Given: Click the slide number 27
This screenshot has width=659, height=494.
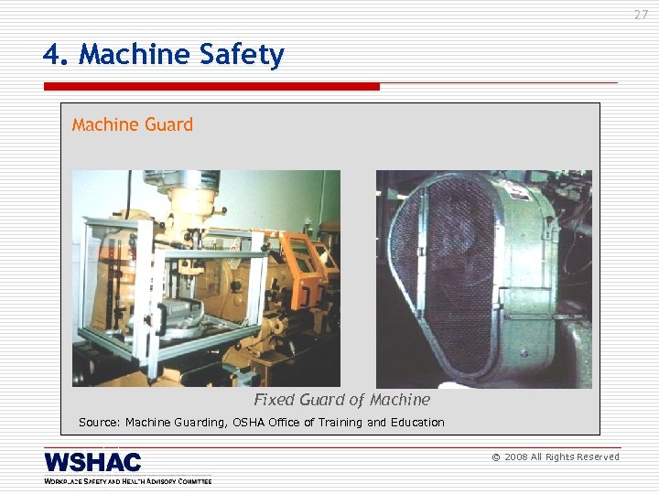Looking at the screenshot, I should click(x=641, y=15).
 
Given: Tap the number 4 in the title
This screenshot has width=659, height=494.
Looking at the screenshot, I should click(x=52, y=56).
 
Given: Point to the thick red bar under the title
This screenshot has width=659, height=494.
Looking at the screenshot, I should click(x=211, y=87).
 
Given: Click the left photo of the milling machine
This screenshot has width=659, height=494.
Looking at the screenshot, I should click(x=206, y=278).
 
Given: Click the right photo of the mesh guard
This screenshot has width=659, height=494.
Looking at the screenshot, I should click(x=483, y=278).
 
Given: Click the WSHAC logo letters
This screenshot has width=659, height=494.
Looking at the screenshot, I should click(x=92, y=463).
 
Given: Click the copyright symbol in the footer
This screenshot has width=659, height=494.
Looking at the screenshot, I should click(x=496, y=457).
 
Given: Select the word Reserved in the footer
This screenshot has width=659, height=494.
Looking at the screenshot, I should click(x=596, y=457).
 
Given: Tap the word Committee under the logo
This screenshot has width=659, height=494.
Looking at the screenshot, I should click(x=191, y=481).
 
